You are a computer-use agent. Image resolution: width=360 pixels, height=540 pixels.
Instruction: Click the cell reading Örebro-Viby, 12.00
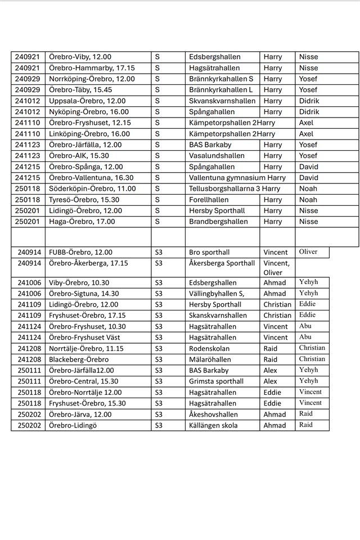[80, 57]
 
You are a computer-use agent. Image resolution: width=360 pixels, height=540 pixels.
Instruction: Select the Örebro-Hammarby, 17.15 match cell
[92, 68]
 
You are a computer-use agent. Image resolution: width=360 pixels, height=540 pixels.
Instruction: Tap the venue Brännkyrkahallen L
[221, 90]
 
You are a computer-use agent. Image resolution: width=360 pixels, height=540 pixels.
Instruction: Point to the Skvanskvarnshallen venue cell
[222, 101]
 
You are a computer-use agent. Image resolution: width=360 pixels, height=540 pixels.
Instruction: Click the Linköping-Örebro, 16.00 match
[89, 134]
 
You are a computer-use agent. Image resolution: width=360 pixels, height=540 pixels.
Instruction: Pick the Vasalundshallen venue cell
[217, 156]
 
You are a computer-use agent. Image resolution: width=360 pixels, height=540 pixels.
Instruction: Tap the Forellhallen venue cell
[211, 200]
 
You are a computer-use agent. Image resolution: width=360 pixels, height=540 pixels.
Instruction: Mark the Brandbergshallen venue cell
[218, 222]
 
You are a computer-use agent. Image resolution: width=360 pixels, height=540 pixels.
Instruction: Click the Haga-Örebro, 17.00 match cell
[82, 222]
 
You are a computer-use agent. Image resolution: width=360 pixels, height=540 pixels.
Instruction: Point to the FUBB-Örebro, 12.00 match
[80, 253]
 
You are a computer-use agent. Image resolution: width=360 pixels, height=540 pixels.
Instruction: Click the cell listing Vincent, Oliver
[277, 268]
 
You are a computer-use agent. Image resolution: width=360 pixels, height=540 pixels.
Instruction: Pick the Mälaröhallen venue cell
[211, 359]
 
